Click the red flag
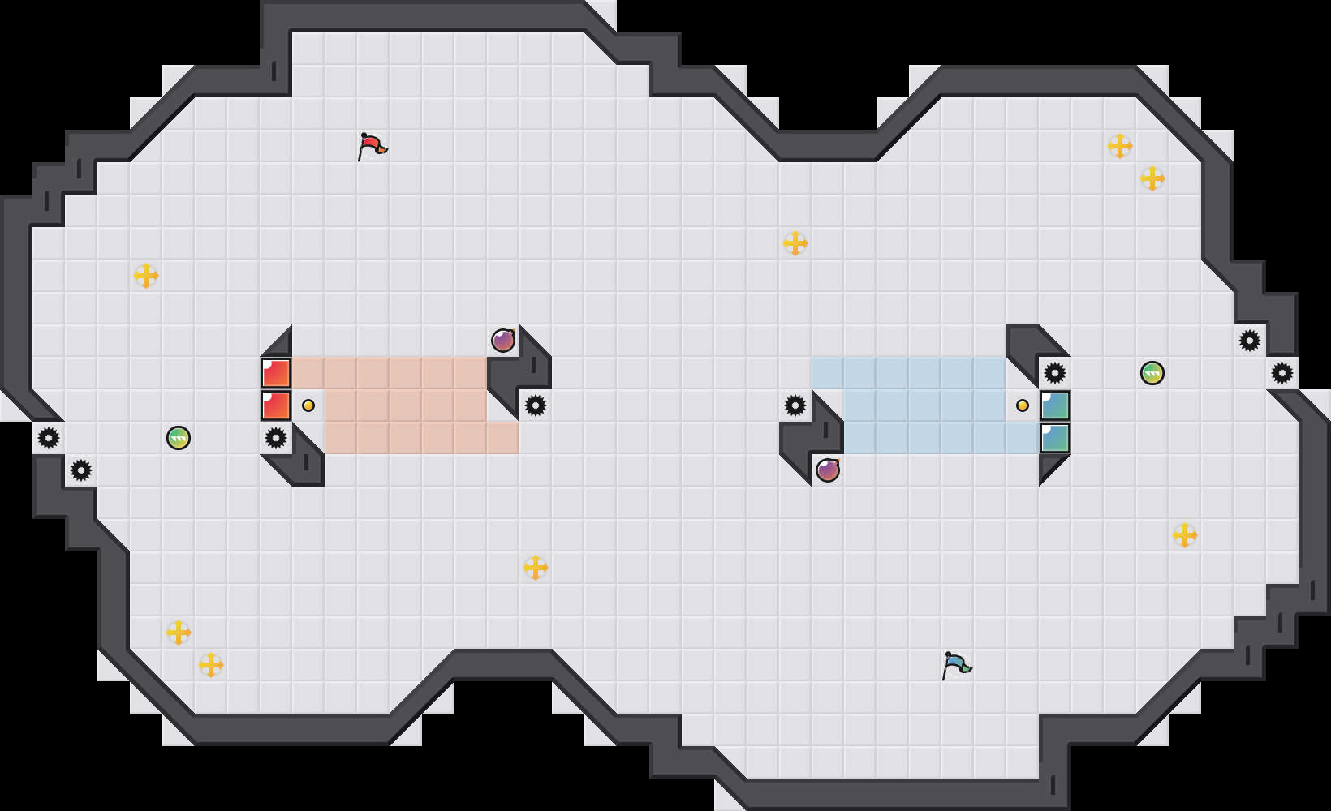point(372,147)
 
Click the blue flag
point(956,665)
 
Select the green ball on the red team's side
point(179,438)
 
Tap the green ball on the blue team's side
point(1152,373)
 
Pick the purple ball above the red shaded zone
point(503,341)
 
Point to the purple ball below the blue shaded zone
point(828,470)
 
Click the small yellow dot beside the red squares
point(308,405)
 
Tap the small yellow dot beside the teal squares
point(1023,405)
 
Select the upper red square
point(276,373)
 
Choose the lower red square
point(276,405)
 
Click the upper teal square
point(1055,405)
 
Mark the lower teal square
point(1055,438)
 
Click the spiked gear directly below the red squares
point(276,438)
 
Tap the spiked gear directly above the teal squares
point(1055,373)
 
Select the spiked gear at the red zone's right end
point(536,405)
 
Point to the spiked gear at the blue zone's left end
point(795,405)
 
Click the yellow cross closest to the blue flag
point(1185,535)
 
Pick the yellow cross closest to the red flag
point(146,276)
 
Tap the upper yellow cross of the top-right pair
point(1120,146)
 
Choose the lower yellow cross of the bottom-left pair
point(211,665)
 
